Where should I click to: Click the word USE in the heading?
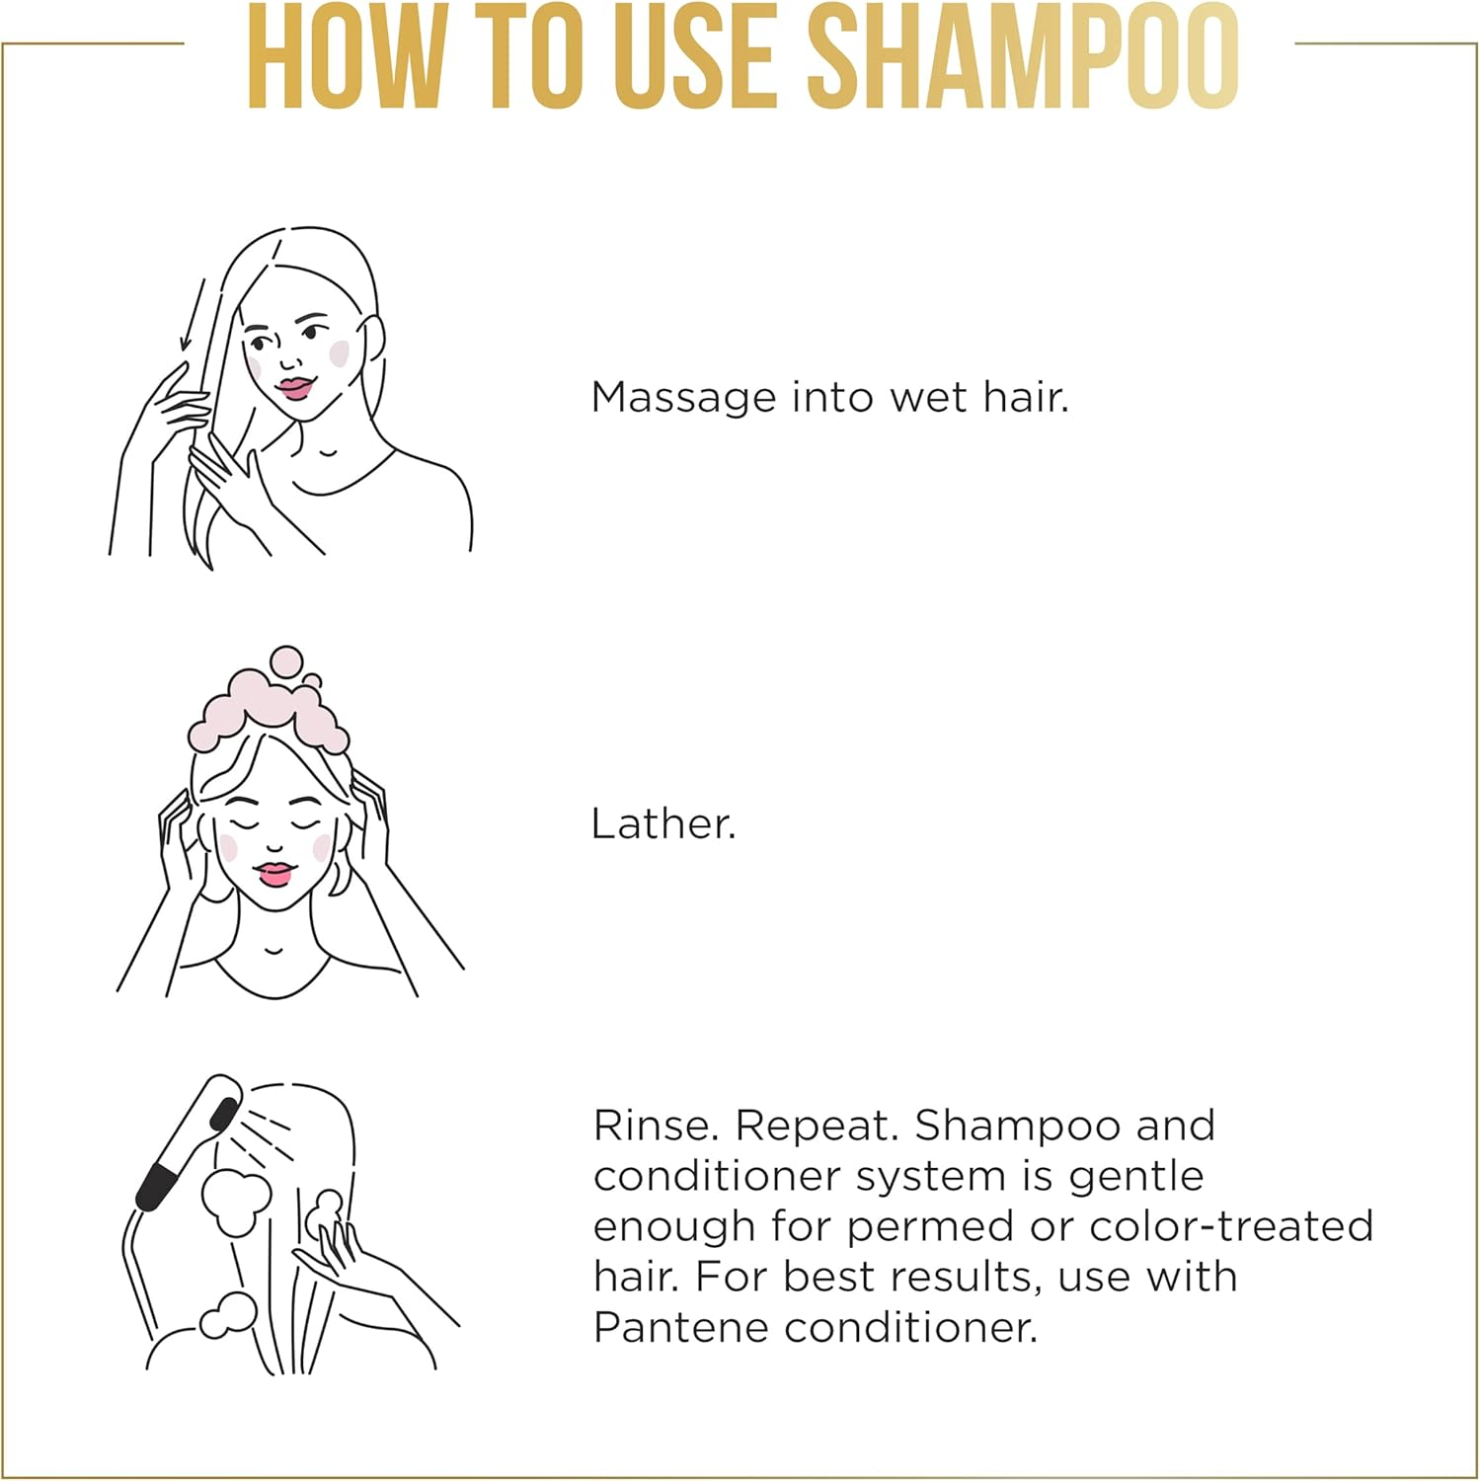[694, 57]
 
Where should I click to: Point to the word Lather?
[663, 824]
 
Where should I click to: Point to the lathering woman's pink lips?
[274, 874]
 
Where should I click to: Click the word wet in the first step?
[928, 398]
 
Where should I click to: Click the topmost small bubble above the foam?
[286, 660]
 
